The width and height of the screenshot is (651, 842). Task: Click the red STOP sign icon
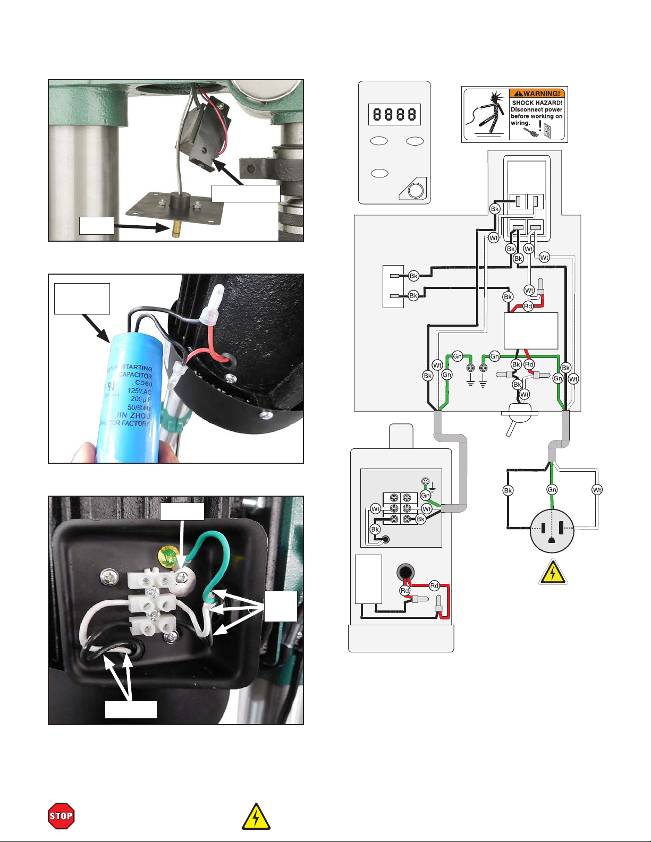point(61,816)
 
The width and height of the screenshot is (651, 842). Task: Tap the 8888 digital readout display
point(394,114)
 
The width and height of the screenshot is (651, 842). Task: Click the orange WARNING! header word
point(537,93)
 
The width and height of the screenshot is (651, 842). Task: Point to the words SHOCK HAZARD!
point(537,103)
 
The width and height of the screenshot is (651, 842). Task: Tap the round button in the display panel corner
point(416,190)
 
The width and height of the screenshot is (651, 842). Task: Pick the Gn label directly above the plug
point(552,490)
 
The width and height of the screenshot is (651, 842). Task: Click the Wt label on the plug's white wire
point(597,490)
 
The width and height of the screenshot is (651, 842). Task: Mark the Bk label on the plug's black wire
point(508,490)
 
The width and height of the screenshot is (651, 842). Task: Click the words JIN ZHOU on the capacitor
point(133,415)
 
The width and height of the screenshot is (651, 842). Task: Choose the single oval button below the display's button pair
point(379,173)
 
